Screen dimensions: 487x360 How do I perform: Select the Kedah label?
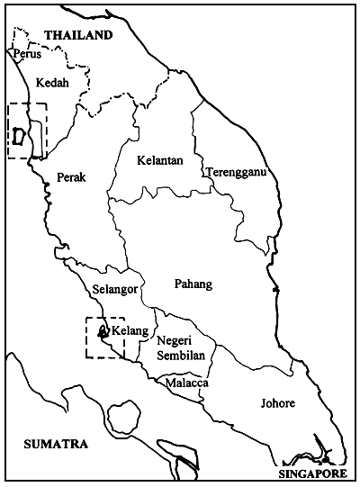[51, 82]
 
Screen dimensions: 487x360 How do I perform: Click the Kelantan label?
[159, 160]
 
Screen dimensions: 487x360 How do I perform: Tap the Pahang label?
[193, 284]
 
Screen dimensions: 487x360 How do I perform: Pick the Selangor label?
[114, 290]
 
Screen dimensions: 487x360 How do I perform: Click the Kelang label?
[131, 331]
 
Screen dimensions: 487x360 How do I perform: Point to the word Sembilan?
[181, 356]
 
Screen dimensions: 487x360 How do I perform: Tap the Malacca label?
[187, 383]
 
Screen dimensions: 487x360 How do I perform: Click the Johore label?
[277, 403]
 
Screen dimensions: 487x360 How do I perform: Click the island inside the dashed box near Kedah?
[19, 136]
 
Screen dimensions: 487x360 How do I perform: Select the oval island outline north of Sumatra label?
[123, 417]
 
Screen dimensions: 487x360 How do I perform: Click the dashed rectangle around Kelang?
[86, 338]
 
